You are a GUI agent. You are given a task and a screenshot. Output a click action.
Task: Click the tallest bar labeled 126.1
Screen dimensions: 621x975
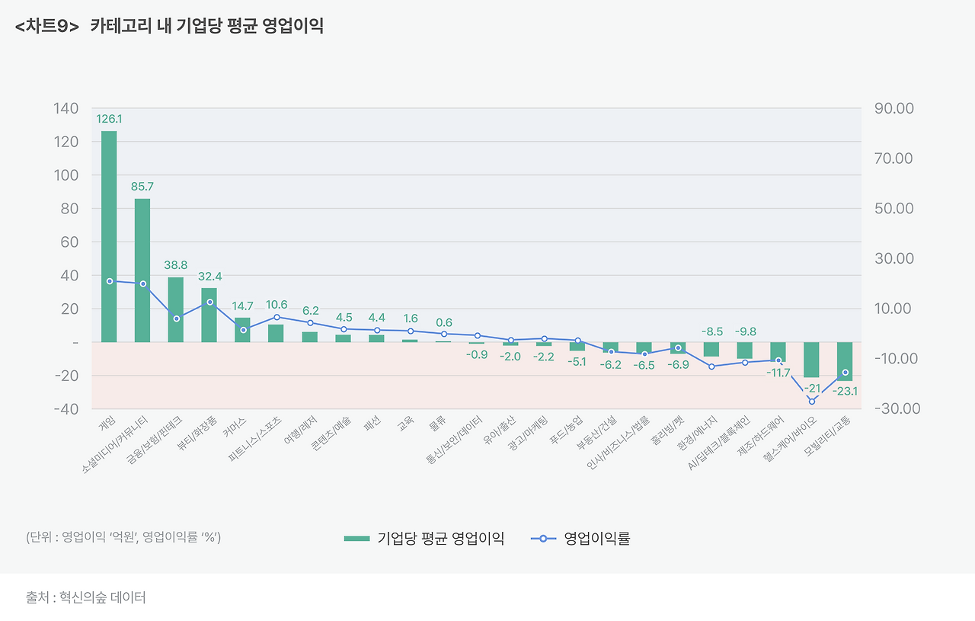pos(109,236)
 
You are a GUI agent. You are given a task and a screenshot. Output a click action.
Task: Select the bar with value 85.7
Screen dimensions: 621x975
pos(142,270)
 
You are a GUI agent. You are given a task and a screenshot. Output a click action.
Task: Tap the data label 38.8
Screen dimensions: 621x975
pos(176,265)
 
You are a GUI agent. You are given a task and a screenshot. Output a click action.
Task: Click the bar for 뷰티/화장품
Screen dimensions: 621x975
pos(209,315)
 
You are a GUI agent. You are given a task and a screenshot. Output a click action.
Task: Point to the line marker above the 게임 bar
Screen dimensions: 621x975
pos(110,281)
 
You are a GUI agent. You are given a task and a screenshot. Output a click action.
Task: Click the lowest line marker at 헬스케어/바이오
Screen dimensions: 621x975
pos(811,402)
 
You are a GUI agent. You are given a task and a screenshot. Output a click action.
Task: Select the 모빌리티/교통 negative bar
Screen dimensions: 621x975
pos(845,361)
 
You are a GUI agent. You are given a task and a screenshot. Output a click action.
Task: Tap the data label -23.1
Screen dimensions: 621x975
pos(846,391)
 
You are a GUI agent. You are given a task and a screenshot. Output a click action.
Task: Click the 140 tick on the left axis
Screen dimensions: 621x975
pos(66,109)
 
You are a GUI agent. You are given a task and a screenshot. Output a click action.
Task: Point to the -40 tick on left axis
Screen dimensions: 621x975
pos(66,409)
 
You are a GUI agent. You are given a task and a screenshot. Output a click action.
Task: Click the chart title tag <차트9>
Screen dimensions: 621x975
pos(46,27)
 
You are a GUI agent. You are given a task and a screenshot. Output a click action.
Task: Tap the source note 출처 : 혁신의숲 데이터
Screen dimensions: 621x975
pos(85,597)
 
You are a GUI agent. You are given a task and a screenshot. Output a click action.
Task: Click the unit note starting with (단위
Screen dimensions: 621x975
pos(123,537)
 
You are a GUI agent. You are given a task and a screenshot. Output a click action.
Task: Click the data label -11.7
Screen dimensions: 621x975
pos(778,373)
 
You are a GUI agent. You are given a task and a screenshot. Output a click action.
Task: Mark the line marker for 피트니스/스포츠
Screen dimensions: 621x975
pos(277,317)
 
